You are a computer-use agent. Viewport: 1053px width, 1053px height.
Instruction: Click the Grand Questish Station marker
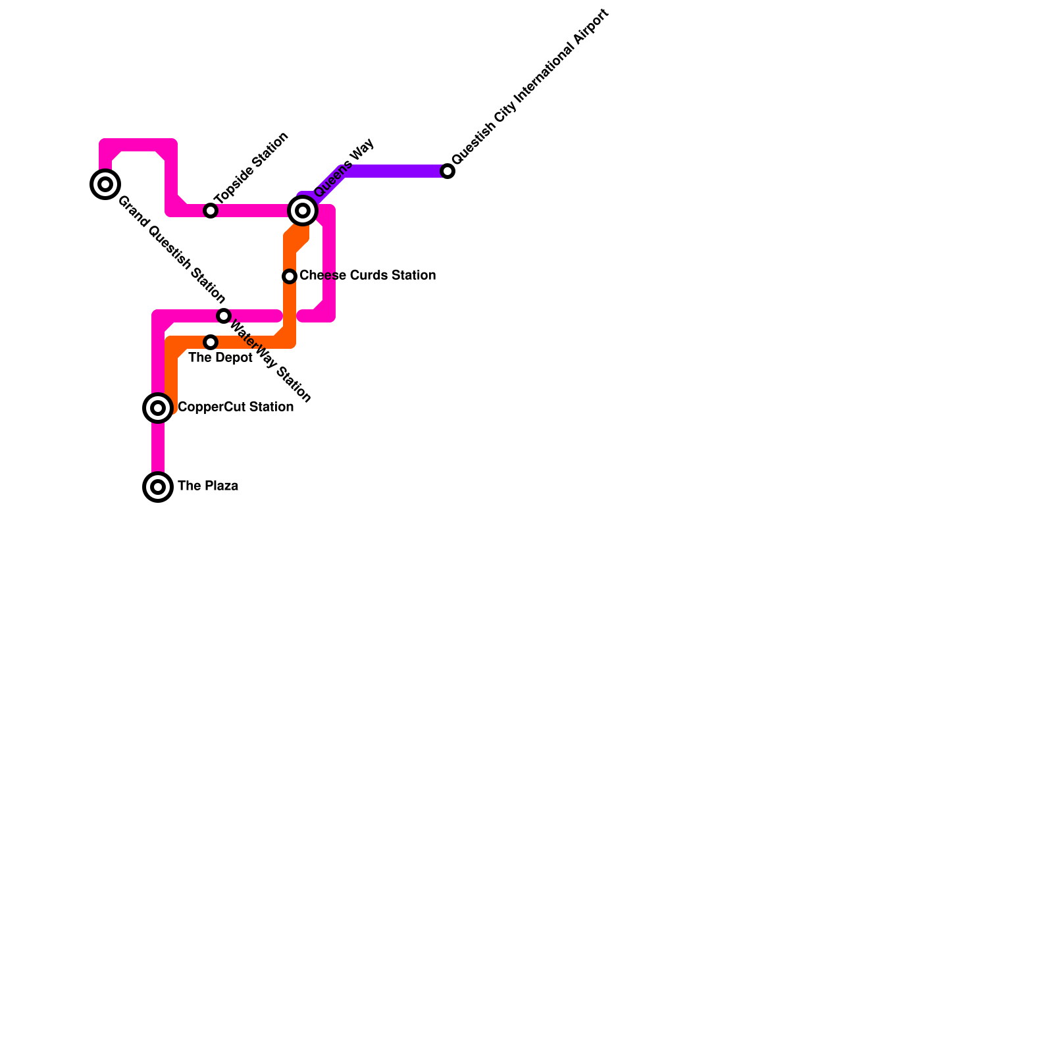(x=105, y=184)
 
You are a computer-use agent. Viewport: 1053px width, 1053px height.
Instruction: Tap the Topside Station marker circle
(x=211, y=211)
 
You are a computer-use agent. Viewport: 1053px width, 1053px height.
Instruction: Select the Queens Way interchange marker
(x=303, y=211)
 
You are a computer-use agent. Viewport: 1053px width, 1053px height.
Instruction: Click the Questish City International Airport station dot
(x=448, y=171)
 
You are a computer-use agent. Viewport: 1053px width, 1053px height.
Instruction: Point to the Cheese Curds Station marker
(x=290, y=276)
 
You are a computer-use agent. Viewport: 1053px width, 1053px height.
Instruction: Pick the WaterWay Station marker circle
(x=224, y=316)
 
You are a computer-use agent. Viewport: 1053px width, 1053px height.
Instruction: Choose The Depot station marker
(x=211, y=342)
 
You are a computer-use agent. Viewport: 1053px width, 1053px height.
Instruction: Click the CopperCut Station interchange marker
(x=158, y=408)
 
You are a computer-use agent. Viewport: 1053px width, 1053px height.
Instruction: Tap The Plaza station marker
(x=158, y=487)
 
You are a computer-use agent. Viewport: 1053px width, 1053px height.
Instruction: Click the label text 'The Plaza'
(x=208, y=486)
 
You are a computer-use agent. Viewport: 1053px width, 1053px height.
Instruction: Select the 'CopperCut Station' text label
(x=236, y=407)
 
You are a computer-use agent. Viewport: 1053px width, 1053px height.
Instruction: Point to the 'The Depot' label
(x=220, y=358)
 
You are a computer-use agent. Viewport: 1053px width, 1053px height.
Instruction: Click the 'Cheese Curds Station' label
(x=367, y=276)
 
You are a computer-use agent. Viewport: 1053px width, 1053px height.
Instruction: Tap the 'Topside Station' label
(x=252, y=168)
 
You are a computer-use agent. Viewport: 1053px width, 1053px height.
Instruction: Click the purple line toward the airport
(x=395, y=171)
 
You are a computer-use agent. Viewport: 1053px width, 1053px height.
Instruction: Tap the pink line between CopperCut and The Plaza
(x=158, y=448)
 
